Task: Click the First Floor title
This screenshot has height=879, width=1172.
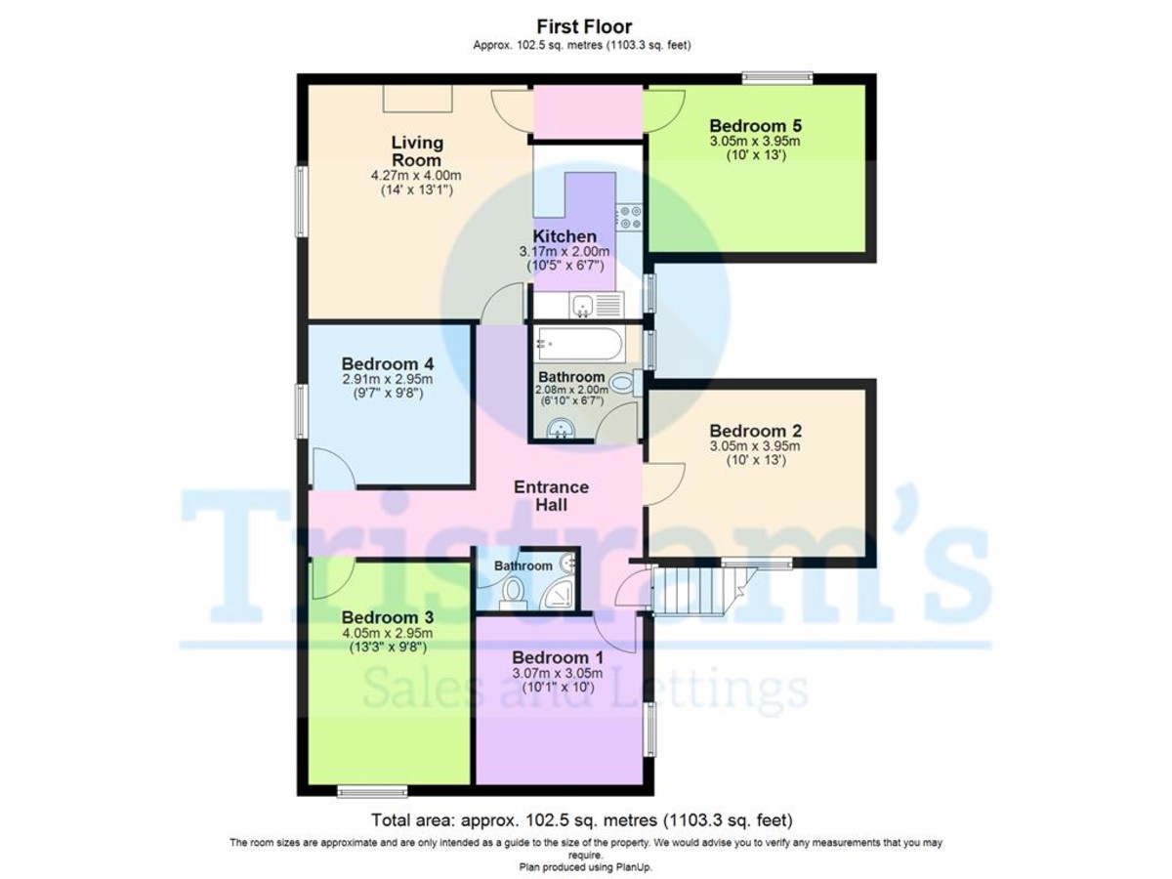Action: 584,26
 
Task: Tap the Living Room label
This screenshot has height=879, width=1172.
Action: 417,151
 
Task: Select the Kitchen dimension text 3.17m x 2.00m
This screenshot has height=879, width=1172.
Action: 565,251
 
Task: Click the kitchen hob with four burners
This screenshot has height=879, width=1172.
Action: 630,218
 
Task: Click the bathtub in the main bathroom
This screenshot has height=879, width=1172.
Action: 579,344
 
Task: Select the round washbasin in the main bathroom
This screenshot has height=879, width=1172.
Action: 561,428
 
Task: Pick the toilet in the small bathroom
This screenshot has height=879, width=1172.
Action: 514,594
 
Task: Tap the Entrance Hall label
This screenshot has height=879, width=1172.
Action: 551,496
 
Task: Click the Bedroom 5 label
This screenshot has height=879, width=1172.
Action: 756,126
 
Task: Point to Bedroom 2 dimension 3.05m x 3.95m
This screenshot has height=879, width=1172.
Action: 755,446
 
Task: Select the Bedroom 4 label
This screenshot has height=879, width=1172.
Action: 388,364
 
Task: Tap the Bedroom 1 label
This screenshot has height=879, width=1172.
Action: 558,657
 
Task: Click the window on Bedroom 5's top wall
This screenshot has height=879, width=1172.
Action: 777,78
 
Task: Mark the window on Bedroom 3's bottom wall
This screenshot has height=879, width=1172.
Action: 373,792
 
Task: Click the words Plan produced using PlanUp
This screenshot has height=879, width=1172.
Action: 586,867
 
